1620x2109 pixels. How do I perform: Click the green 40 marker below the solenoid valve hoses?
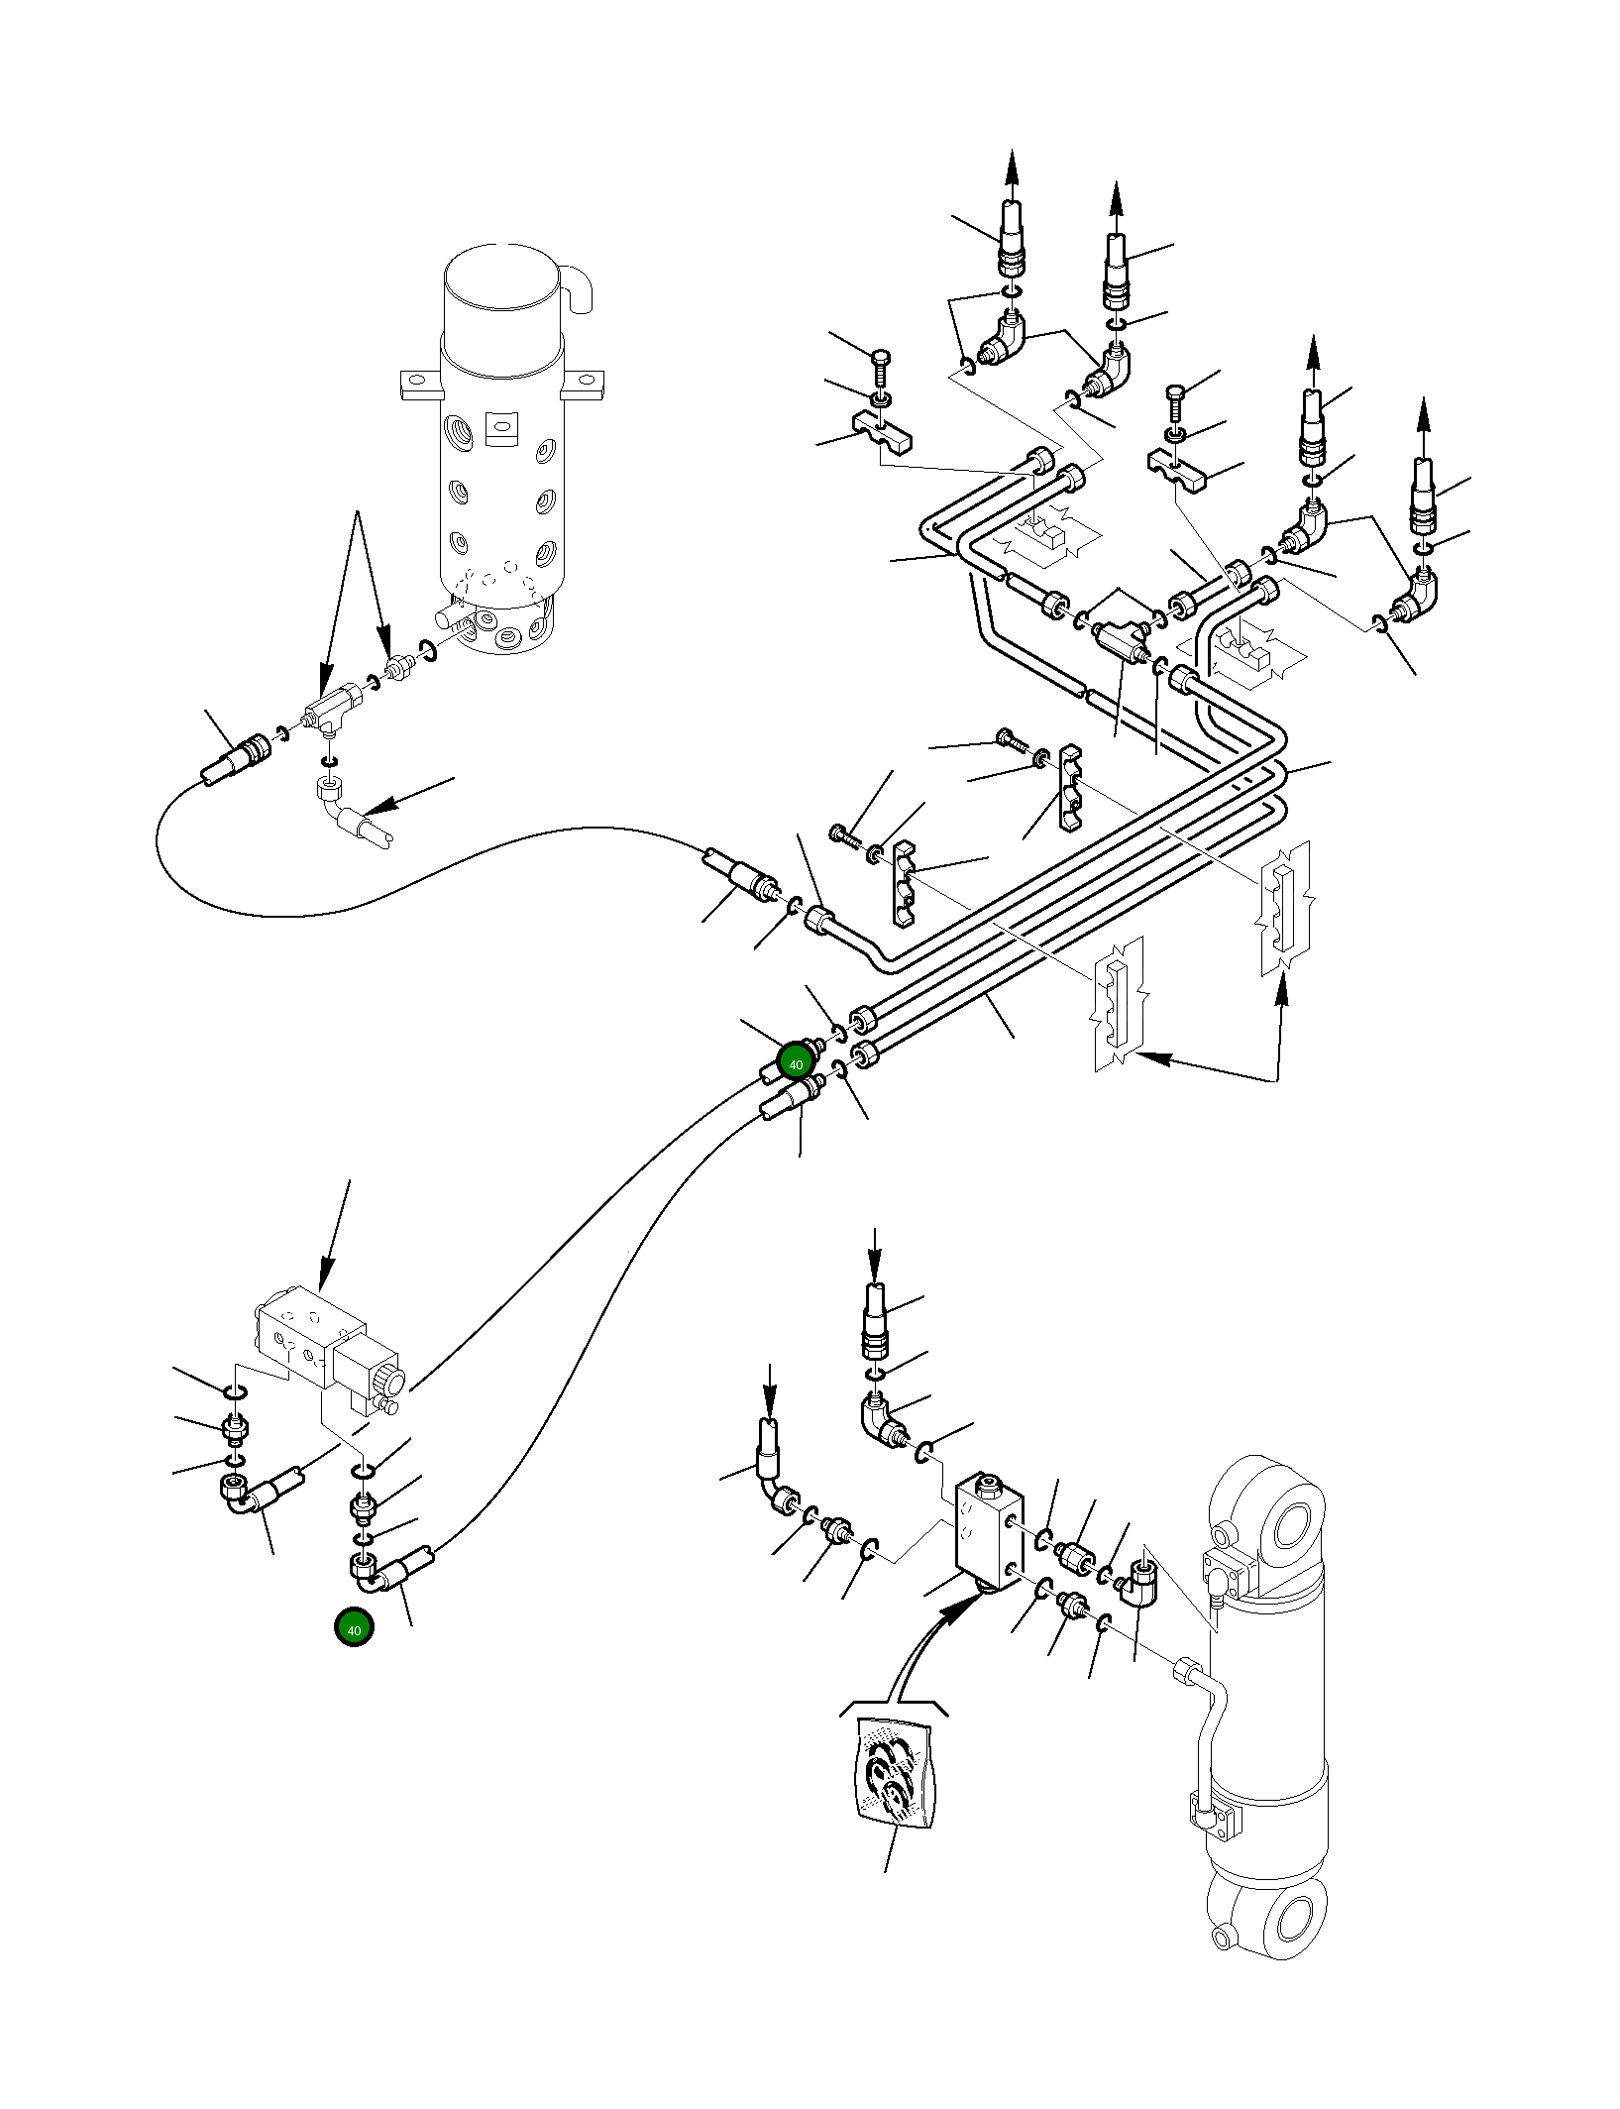[354, 1627]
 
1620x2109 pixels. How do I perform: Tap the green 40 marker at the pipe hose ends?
[796, 1062]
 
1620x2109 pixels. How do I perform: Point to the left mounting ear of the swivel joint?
[421, 385]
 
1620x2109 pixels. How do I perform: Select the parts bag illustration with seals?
[895, 1773]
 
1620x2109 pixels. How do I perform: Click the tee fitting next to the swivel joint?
[332, 709]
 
